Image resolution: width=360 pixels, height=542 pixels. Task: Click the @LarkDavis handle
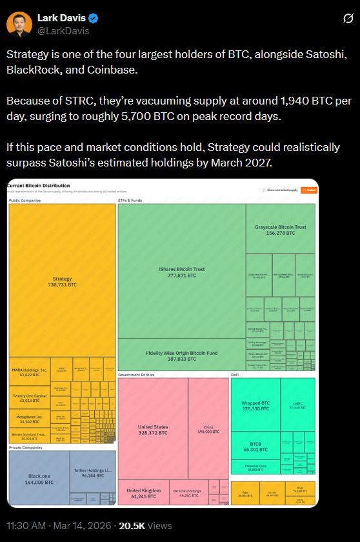click(63, 30)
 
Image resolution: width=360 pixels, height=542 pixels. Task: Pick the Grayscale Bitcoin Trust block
click(281, 229)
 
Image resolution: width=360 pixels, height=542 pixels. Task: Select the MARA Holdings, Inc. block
click(30, 372)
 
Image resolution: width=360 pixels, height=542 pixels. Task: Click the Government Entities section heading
click(137, 374)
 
